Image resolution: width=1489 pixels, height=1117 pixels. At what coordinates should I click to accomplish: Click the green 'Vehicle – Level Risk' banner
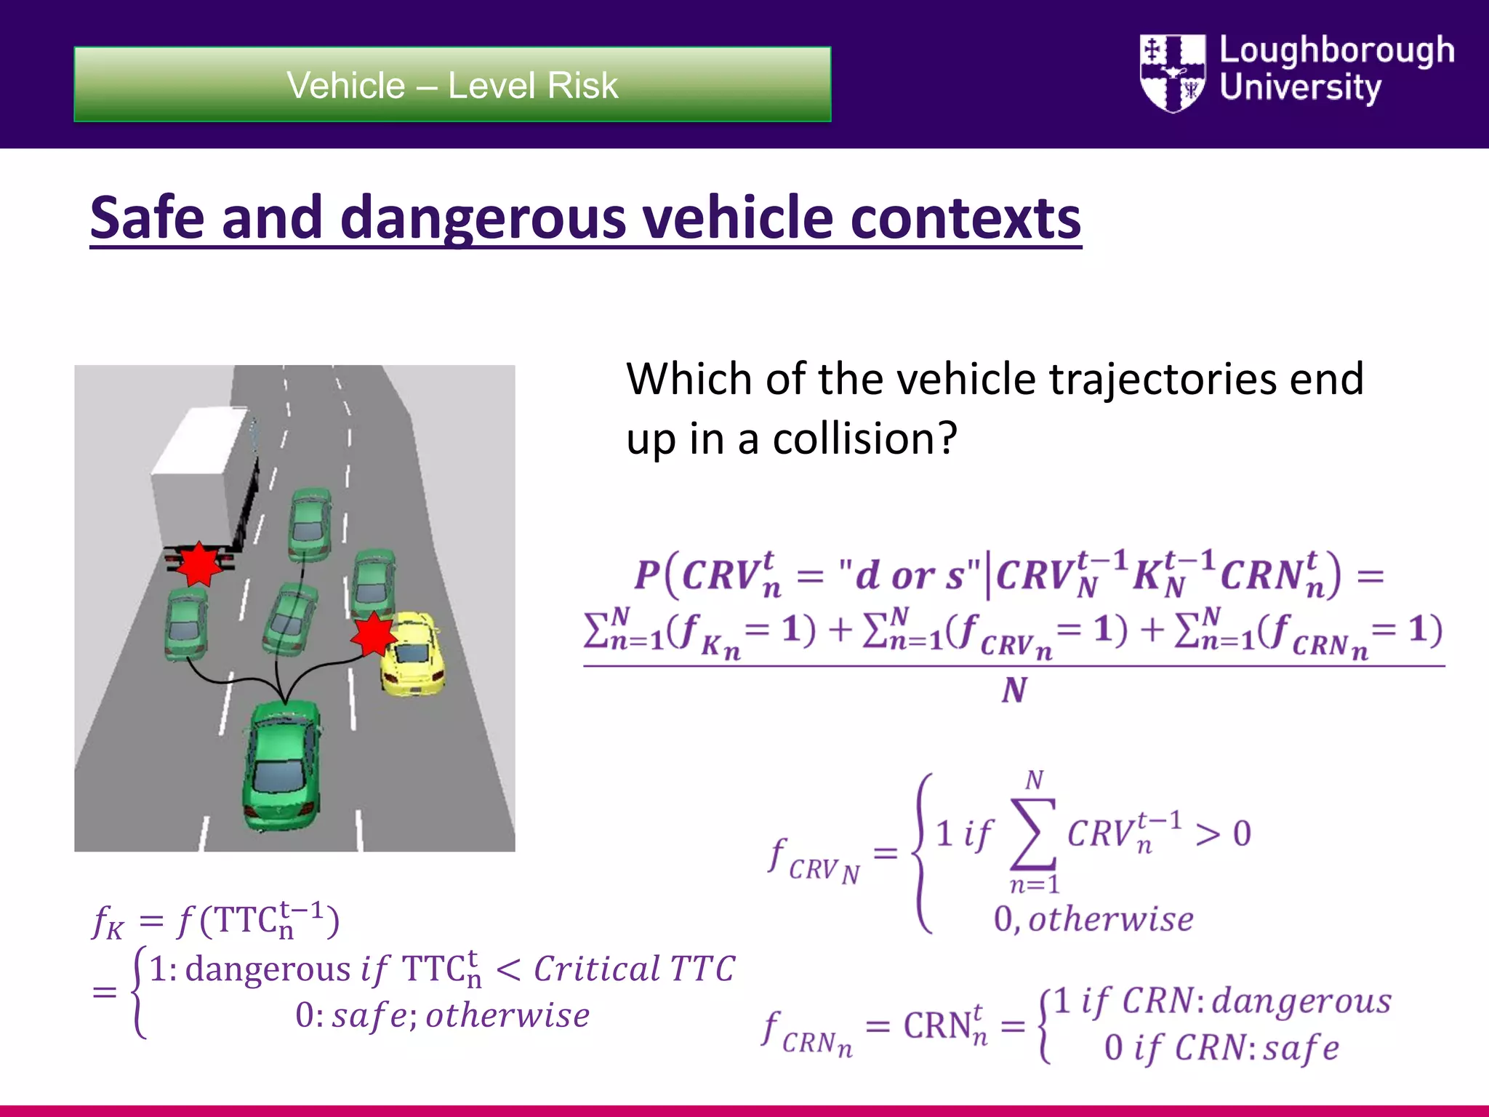click(452, 84)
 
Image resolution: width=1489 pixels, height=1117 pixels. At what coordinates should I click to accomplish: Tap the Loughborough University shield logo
click(1172, 73)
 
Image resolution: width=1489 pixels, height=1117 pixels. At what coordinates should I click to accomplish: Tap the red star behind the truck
click(198, 564)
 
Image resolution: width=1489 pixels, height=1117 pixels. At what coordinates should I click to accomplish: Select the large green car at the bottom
click(282, 764)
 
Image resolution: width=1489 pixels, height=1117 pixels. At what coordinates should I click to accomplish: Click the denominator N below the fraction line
click(1014, 690)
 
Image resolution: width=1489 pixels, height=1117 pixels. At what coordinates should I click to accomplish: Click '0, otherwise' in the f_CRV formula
click(1093, 920)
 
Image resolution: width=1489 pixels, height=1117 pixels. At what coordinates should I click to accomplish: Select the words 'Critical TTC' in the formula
click(634, 969)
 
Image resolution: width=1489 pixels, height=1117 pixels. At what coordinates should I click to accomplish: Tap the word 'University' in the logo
click(1300, 87)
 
